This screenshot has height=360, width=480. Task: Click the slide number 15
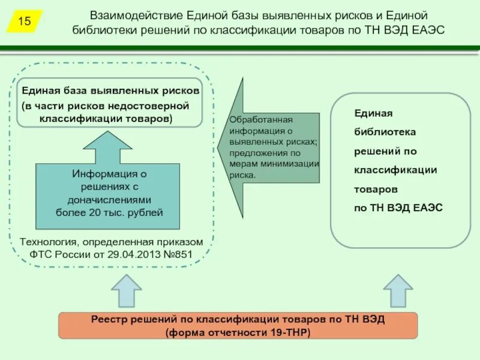point(25,22)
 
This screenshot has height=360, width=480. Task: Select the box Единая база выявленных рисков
point(109,103)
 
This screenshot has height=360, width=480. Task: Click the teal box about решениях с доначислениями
point(109,196)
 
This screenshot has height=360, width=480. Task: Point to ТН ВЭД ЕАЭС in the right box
point(406,208)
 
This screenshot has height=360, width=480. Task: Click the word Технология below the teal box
point(46,242)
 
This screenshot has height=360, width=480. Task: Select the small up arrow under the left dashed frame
point(126,291)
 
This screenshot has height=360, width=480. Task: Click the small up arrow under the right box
point(398,291)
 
